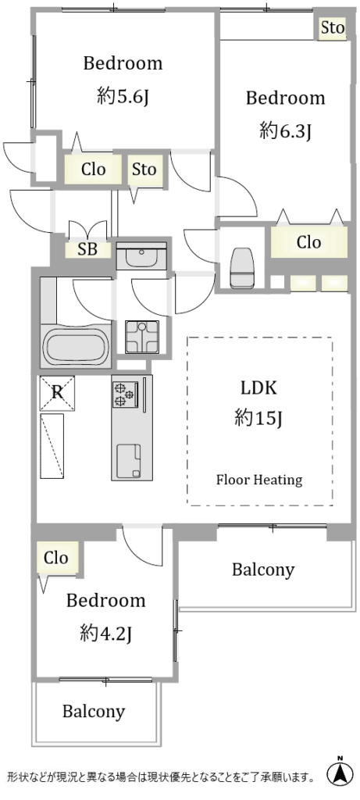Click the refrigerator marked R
57,393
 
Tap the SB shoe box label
87,249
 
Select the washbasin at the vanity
142,256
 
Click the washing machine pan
142,337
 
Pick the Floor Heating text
259,480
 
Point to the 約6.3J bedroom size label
286,131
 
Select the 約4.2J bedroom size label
106,634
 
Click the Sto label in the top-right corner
333,28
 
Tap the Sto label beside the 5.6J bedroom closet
144,170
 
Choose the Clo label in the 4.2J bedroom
56,558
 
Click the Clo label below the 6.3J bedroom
309,242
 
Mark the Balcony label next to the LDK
263,570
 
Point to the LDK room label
258,388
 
